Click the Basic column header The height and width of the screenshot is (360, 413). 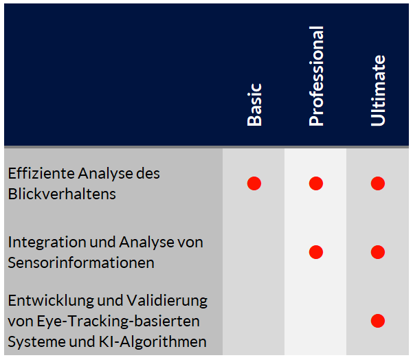click(254, 105)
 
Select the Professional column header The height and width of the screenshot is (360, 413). click(316, 76)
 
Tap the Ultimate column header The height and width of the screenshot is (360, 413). click(378, 91)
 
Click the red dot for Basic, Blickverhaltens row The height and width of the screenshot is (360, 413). click(254, 183)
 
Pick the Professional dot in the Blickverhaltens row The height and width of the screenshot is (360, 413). click(316, 183)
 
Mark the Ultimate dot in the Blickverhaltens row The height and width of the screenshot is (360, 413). click(378, 183)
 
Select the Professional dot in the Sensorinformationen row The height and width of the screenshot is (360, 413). click(316, 252)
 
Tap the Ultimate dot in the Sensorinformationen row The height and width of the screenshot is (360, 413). click(378, 252)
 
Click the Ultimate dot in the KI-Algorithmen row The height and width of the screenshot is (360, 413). click(378, 321)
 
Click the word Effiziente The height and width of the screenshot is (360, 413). click(41, 173)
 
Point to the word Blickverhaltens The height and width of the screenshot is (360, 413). click(62, 194)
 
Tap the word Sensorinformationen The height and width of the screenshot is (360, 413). click(81, 263)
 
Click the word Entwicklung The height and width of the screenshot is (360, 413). click(51, 301)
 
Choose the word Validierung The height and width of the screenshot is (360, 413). click(167, 301)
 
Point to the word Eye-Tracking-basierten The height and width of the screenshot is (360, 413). click(118, 322)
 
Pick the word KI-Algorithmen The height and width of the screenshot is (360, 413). click(153, 342)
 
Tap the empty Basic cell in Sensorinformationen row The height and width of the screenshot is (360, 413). click(254, 252)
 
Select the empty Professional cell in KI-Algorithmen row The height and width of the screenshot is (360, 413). click(315, 321)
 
